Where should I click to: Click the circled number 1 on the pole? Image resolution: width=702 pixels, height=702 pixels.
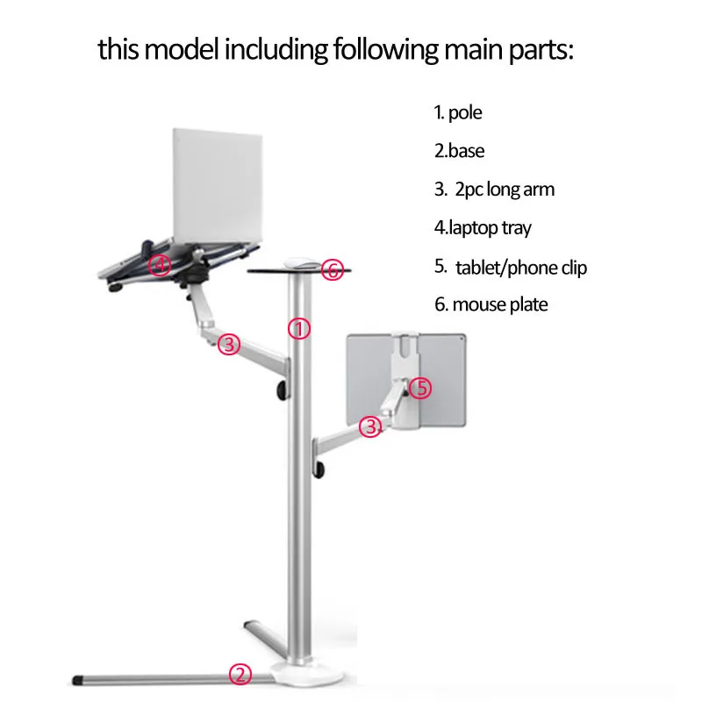299,329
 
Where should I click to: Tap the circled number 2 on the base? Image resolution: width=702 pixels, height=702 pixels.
240,675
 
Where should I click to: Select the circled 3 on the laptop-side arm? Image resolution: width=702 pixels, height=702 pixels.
229,345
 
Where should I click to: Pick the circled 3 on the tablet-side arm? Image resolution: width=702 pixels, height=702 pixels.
372,427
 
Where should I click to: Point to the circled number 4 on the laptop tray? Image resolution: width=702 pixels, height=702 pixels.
159,264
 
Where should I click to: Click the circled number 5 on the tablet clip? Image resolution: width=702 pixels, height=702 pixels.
421,387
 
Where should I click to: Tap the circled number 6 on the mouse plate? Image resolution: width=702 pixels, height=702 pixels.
332,270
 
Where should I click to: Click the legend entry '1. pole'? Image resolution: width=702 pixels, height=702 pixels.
458,112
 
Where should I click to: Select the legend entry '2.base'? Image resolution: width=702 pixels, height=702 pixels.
459,151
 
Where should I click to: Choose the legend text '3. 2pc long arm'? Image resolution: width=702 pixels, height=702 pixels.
494,190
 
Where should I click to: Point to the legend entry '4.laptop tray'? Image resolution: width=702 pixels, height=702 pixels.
483,228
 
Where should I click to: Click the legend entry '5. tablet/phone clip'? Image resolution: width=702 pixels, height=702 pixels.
510,267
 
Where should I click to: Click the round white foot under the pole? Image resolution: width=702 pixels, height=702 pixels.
298,674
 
